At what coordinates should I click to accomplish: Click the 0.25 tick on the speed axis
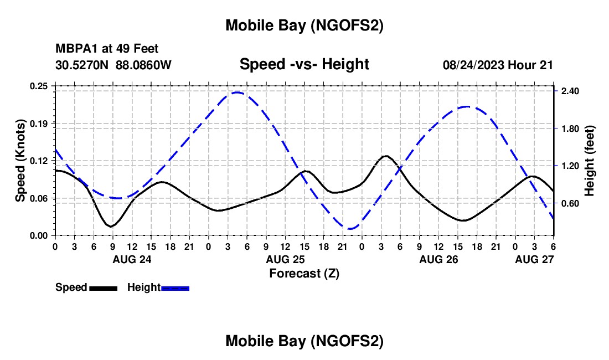[39, 86]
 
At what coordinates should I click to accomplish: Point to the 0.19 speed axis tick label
[39, 123]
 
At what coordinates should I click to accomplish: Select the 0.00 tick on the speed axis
[39, 235]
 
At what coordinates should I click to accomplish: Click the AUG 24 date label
[132, 259]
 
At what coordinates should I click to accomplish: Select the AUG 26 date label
[438, 259]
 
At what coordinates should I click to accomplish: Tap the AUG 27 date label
[534, 259]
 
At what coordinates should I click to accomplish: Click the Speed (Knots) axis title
[20, 161]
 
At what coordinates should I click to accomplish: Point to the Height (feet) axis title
[590, 161]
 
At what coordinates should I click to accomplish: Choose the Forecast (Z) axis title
[304, 273]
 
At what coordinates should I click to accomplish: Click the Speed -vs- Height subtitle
[304, 64]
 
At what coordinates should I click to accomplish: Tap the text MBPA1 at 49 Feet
[107, 49]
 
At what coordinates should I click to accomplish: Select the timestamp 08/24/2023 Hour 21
[498, 65]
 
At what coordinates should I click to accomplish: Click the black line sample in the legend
[102, 287]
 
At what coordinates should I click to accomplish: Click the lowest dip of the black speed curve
[111, 227]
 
